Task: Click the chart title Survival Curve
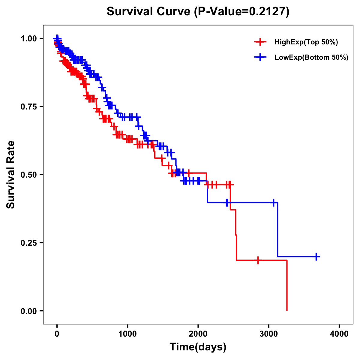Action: (148, 12)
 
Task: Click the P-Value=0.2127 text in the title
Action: (241, 12)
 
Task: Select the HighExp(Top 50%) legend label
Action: (306, 42)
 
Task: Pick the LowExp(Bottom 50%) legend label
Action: (311, 57)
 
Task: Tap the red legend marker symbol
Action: (260, 42)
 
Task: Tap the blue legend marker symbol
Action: (260, 57)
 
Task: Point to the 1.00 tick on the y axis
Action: (29, 39)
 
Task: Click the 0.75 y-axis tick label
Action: (29, 107)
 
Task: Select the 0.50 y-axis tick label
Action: (29, 175)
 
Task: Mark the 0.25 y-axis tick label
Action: (29, 243)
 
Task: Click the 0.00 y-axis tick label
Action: (29, 311)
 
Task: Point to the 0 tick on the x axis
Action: (57, 334)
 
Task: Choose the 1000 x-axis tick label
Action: (127, 334)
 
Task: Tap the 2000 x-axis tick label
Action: (198, 334)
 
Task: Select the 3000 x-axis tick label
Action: (269, 334)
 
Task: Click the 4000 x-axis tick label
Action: (339, 334)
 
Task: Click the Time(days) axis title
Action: (198, 347)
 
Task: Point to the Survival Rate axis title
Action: (11, 175)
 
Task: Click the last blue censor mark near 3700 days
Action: (316, 256)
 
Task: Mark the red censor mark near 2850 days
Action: (258, 260)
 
